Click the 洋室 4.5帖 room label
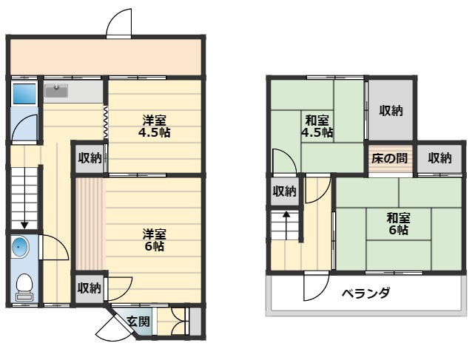[x=154, y=126]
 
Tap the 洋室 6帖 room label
[x=154, y=240]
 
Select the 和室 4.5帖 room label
[x=316, y=126]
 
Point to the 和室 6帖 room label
[x=398, y=223]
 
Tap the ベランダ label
[x=365, y=293]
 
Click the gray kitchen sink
[x=56, y=91]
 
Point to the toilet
[x=24, y=286]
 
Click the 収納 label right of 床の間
[x=439, y=157]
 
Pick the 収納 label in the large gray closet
[x=391, y=111]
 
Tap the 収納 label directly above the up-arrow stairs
[x=283, y=191]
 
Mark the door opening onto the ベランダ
[x=317, y=286]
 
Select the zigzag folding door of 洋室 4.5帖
[x=106, y=121]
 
